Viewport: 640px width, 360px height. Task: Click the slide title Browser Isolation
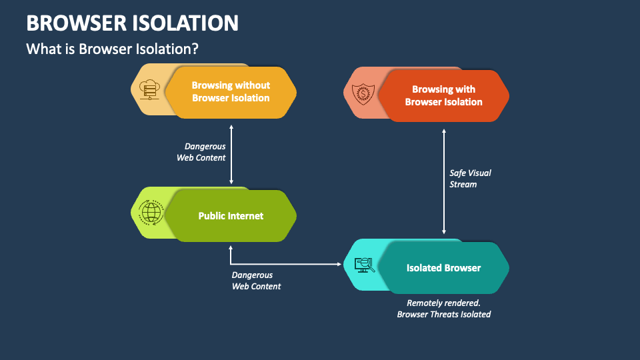[132, 23]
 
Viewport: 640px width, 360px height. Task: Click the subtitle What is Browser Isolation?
[112, 49]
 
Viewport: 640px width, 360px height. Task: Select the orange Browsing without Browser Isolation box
[231, 92]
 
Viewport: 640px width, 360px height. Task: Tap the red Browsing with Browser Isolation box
[443, 96]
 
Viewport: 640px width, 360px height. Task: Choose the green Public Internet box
[231, 216]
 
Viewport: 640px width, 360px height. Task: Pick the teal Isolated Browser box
[443, 268]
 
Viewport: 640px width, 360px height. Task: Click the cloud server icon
[149, 90]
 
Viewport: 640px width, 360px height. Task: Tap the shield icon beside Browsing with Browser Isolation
[363, 93]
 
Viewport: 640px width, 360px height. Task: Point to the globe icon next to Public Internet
[151, 213]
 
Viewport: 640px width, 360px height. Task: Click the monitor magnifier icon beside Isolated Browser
[364, 265]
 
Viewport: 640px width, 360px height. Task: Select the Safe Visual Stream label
[470, 179]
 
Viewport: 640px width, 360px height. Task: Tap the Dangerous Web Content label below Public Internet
[256, 281]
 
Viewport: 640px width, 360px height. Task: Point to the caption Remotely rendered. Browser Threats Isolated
[443, 308]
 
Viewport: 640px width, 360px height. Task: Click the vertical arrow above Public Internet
[231, 153]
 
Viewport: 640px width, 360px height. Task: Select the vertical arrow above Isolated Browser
[444, 181]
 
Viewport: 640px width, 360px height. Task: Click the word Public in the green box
[213, 216]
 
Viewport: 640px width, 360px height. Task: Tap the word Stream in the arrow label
[463, 185]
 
